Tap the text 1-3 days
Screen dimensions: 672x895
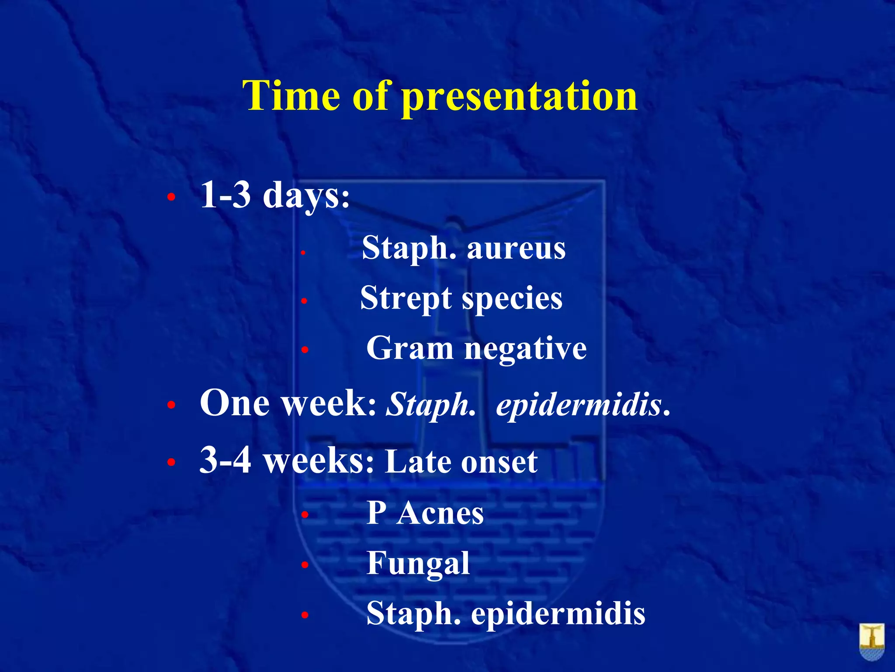click(274, 195)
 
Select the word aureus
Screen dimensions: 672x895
click(516, 248)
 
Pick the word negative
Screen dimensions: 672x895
click(525, 349)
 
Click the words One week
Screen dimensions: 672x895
click(287, 403)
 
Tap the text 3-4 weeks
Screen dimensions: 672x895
click(286, 461)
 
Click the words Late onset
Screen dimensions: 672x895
click(461, 462)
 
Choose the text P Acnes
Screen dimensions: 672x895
click(425, 513)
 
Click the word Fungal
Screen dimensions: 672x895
click(418, 563)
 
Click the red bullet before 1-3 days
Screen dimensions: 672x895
click(171, 198)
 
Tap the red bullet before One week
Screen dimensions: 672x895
click(171, 406)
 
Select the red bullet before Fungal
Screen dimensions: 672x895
click(305, 565)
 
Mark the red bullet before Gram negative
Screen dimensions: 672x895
click(305, 350)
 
